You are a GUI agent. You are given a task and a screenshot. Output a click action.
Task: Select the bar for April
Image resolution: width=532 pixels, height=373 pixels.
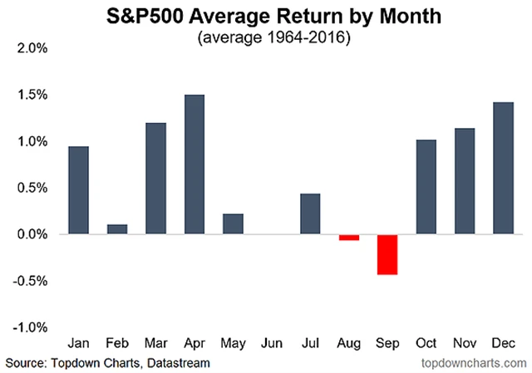tap(194, 164)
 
